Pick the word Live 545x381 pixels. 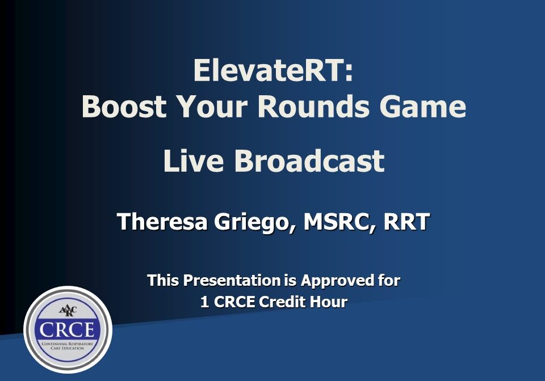coord(194,161)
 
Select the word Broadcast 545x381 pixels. coord(309,161)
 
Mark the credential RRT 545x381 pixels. coord(406,222)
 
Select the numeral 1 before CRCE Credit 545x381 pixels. coord(204,302)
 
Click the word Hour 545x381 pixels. coord(328,302)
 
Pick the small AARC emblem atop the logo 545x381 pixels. coord(68,310)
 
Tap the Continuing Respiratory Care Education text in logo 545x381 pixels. coord(68,345)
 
